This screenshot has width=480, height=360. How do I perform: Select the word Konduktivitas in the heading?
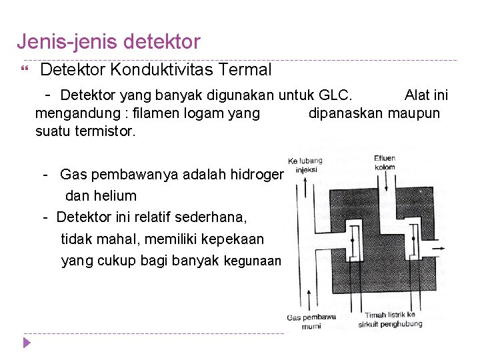[x=159, y=69]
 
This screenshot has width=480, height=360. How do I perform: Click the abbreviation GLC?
[x=339, y=95]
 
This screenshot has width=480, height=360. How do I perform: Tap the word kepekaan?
[x=235, y=239]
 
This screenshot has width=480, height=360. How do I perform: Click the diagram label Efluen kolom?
[x=384, y=163]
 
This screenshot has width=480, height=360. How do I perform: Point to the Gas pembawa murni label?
[x=311, y=321]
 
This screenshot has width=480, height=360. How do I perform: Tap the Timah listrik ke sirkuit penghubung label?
[x=393, y=319]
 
